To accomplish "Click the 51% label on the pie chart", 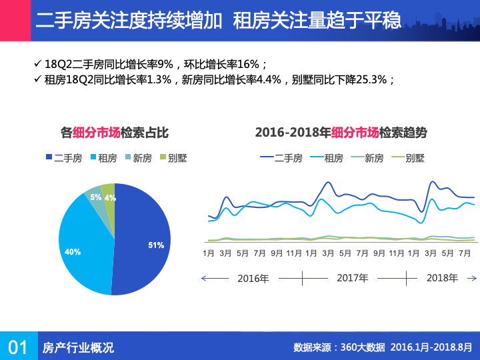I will [x=156, y=245].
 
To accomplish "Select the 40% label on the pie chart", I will [x=73, y=252].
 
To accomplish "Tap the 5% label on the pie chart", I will [x=96, y=197].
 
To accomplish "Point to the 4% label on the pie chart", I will [x=110, y=198].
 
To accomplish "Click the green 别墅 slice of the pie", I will [x=108, y=189].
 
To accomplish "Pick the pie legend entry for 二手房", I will [x=63, y=158].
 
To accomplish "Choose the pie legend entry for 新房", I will [x=137, y=158].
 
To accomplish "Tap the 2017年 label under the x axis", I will [x=352, y=278].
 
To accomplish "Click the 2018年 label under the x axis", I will [x=442, y=278].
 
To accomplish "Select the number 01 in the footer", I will [x=17, y=347].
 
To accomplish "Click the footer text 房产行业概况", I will [x=78, y=347].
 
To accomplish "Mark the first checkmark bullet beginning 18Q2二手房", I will [x=37, y=64].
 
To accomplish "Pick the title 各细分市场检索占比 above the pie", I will [x=115, y=132].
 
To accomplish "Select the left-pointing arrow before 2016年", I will [x=206, y=278].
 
